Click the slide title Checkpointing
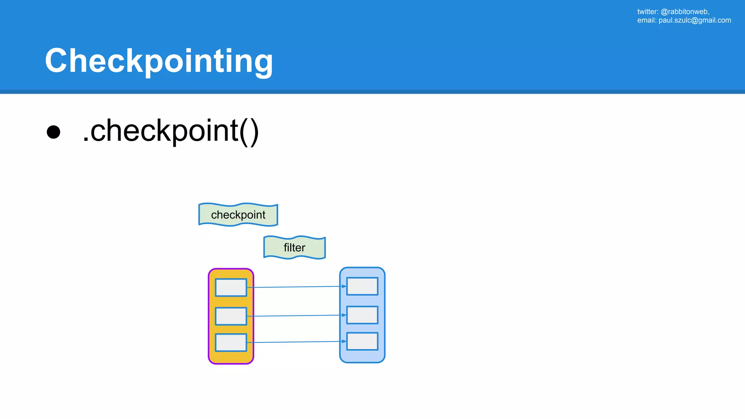[159, 61]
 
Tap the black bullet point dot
[53, 132]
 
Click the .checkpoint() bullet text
[170, 131]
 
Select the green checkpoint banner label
[238, 215]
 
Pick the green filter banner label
[294, 248]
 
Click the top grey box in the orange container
[231, 288]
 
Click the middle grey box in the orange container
[231, 316]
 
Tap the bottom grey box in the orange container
[231, 343]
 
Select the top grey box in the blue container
[362, 286]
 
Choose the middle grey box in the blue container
[362, 315]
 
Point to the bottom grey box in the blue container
[362, 341]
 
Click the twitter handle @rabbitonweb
[685, 12]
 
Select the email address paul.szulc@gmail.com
[695, 20]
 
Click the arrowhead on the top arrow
[344, 286]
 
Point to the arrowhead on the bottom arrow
[344, 341]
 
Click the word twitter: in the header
[648, 12]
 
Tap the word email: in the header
[647, 20]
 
